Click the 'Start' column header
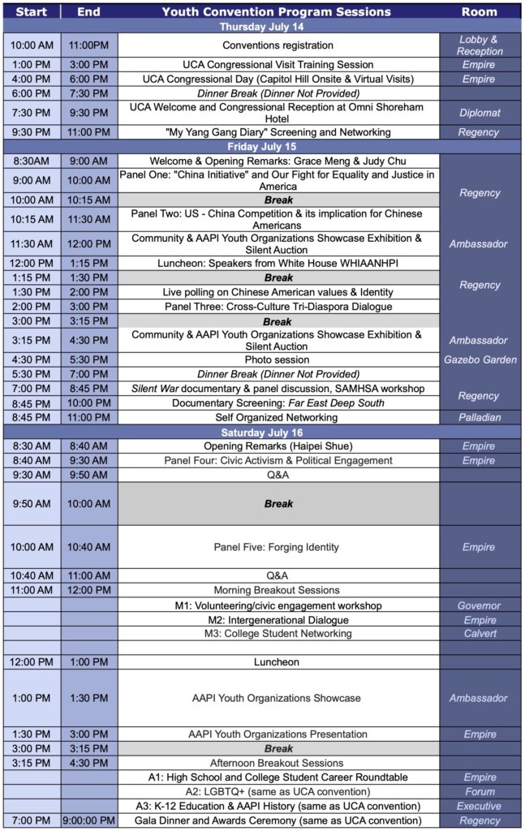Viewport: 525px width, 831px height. [x=31, y=11]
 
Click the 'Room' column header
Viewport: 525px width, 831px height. [x=480, y=11]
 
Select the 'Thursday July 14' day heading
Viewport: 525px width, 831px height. [x=262, y=26]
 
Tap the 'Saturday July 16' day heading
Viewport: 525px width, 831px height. [x=262, y=433]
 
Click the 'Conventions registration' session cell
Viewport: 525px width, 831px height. [x=278, y=45]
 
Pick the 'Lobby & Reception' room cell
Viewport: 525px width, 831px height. [x=480, y=45]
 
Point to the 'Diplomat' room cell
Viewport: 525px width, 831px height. [x=480, y=114]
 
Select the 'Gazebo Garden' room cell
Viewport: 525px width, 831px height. [x=480, y=360]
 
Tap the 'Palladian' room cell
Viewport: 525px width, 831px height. [x=480, y=417]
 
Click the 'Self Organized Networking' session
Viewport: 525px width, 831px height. [x=278, y=417]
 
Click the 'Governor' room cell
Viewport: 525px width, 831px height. [x=480, y=605]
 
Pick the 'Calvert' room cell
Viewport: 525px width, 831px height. [x=480, y=633]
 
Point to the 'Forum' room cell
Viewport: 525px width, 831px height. [x=480, y=791]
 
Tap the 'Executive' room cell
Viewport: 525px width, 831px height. [x=480, y=806]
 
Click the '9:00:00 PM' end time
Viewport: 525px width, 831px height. [x=88, y=820]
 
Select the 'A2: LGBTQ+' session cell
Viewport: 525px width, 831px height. [x=278, y=791]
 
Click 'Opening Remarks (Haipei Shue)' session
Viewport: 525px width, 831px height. [x=278, y=446]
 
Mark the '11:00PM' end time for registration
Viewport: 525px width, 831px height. [x=88, y=45]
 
